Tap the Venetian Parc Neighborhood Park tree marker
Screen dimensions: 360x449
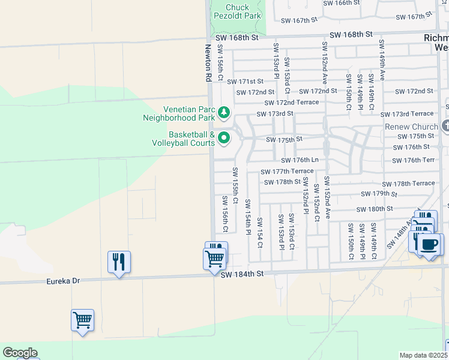coord(223,112)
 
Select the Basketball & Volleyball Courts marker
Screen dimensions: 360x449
coord(224,138)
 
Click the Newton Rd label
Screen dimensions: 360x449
coord(208,63)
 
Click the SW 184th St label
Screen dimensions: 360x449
coord(243,274)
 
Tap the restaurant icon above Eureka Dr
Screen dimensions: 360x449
coord(119,262)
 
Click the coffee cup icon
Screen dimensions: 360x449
coord(429,245)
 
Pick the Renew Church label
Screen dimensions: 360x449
coord(412,127)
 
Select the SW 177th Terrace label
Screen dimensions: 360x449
coord(287,171)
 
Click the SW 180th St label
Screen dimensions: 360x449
coord(374,209)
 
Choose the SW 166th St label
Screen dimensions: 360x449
coord(342,3)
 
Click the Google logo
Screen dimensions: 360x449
coord(20,353)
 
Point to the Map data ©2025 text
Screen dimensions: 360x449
coord(423,355)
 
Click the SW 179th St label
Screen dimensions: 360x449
coord(379,194)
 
